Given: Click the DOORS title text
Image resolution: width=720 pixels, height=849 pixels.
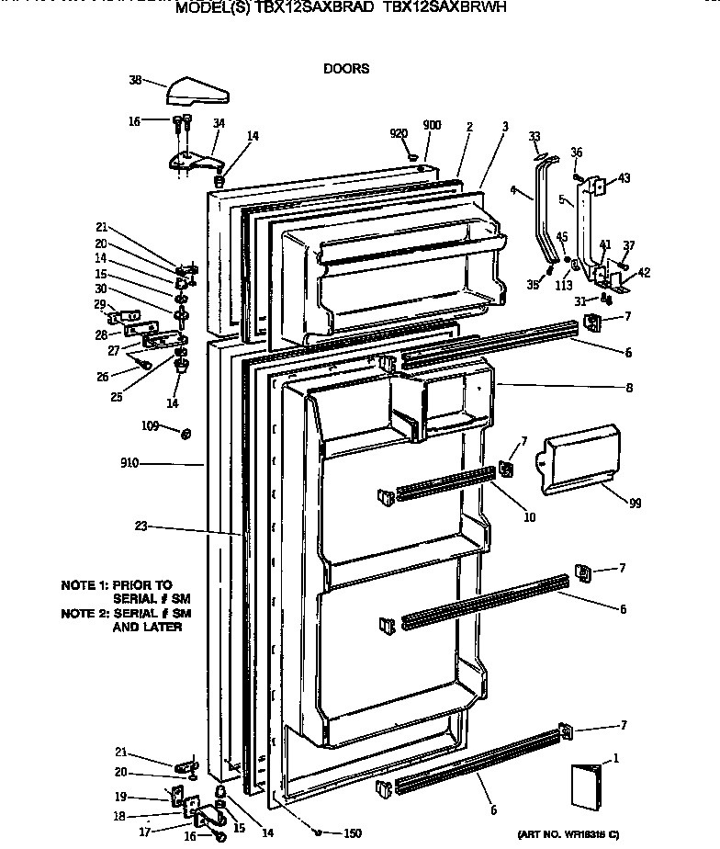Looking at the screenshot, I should (346, 68).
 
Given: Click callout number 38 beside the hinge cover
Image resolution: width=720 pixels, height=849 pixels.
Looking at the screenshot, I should (135, 80).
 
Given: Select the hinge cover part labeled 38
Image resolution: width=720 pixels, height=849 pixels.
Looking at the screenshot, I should (197, 93).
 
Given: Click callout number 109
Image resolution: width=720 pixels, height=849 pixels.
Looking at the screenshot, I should (150, 426).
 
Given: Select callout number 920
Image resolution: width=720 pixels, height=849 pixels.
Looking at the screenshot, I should (399, 134).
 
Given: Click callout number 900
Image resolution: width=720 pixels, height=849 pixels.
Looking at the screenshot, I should (432, 125).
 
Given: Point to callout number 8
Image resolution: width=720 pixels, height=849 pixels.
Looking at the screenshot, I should (630, 388).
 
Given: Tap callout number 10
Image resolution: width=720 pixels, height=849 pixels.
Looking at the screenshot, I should (530, 517).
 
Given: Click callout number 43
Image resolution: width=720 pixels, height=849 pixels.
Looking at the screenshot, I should (624, 177).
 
